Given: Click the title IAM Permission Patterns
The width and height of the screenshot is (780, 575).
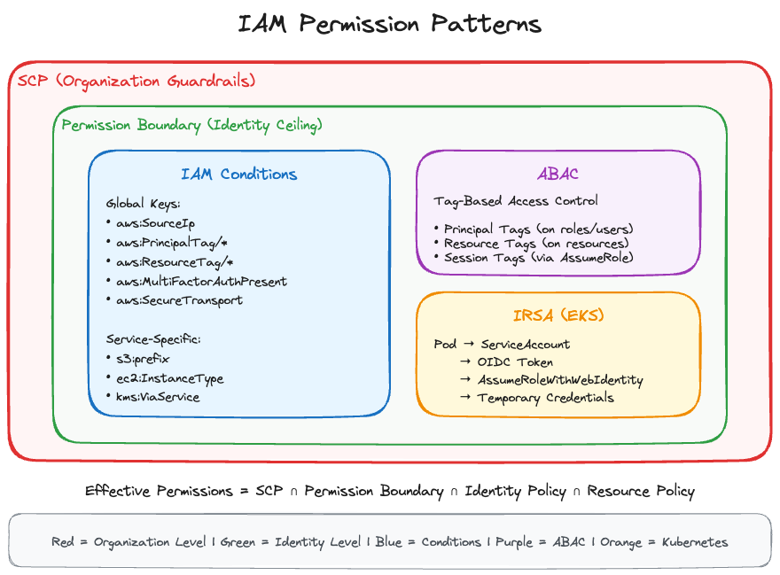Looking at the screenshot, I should [x=389, y=23].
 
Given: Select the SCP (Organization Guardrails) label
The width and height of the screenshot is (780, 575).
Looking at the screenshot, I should [x=136, y=81].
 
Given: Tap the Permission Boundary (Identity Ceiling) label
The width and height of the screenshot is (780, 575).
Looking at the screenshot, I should [x=191, y=125].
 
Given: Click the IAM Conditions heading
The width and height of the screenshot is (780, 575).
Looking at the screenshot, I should [x=238, y=174].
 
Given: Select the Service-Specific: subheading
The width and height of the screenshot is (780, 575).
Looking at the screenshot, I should [x=152, y=339].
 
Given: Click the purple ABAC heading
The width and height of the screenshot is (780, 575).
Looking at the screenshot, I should [x=558, y=174].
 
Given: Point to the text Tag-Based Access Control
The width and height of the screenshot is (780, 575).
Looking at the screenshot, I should [x=516, y=201].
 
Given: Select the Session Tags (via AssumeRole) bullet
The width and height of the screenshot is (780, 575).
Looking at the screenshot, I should [x=538, y=258].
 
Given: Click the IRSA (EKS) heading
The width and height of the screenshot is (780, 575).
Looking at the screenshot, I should [x=558, y=316].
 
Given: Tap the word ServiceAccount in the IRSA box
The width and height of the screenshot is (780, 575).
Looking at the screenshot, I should [x=526, y=344].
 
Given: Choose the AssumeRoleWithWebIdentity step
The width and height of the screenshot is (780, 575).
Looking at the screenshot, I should [x=559, y=380].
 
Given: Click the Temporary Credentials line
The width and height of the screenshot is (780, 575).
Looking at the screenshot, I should [x=545, y=398].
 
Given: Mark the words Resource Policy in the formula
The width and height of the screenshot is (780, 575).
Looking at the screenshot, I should [x=640, y=491].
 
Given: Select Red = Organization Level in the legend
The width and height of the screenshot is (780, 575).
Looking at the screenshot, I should [x=116, y=541].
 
